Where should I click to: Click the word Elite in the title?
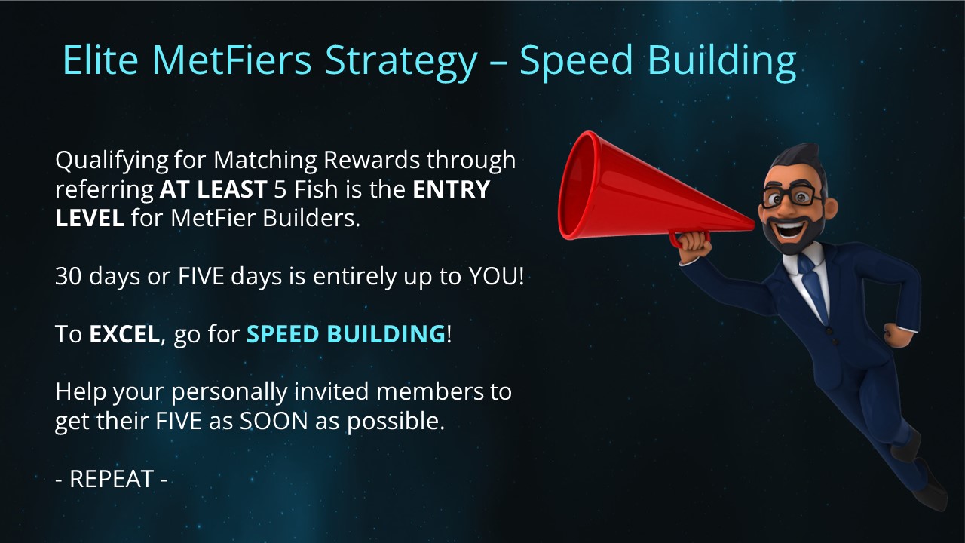point(100,60)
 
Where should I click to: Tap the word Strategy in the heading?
point(401,63)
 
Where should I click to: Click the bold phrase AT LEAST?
point(213,189)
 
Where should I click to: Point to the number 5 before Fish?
point(280,189)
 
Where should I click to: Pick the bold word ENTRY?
point(451,189)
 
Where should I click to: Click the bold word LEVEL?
point(90,218)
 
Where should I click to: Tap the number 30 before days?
point(69,276)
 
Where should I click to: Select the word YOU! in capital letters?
point(496,276)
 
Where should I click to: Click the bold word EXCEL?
point(124,334)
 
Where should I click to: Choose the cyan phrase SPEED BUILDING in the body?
point(346,334)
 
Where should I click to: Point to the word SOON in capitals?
point(274,421)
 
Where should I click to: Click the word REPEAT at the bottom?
point(112,479)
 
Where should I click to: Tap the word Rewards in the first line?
point(372,160)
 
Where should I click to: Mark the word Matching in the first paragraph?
point(267,161)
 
